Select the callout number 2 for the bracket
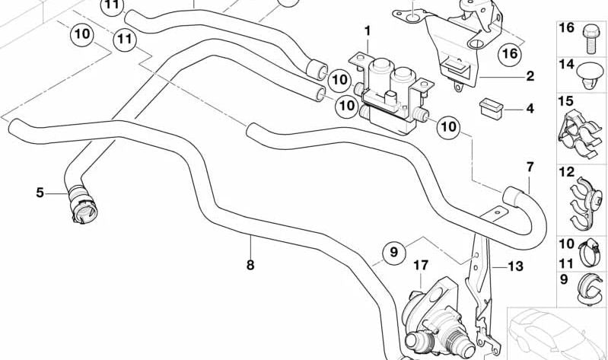click(530, 76)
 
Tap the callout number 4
click(530, 109)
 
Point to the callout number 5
click(40, 193)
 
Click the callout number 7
click(530, 167)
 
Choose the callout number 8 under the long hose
click(250, 265)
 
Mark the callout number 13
click(516, 266)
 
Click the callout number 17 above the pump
click(421, 266)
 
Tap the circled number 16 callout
click(508, 53)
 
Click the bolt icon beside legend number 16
click(590, 32)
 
